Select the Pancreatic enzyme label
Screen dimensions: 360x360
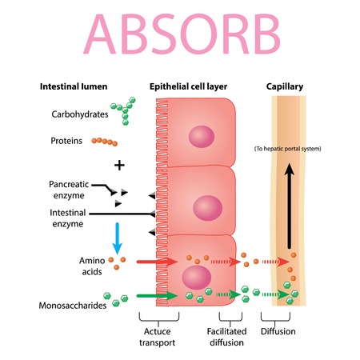pos(71,190)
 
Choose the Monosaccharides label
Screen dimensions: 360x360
pos(76,305)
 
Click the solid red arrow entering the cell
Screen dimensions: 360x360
pos(155,261)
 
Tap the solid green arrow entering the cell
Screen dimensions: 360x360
pos(155,295)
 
